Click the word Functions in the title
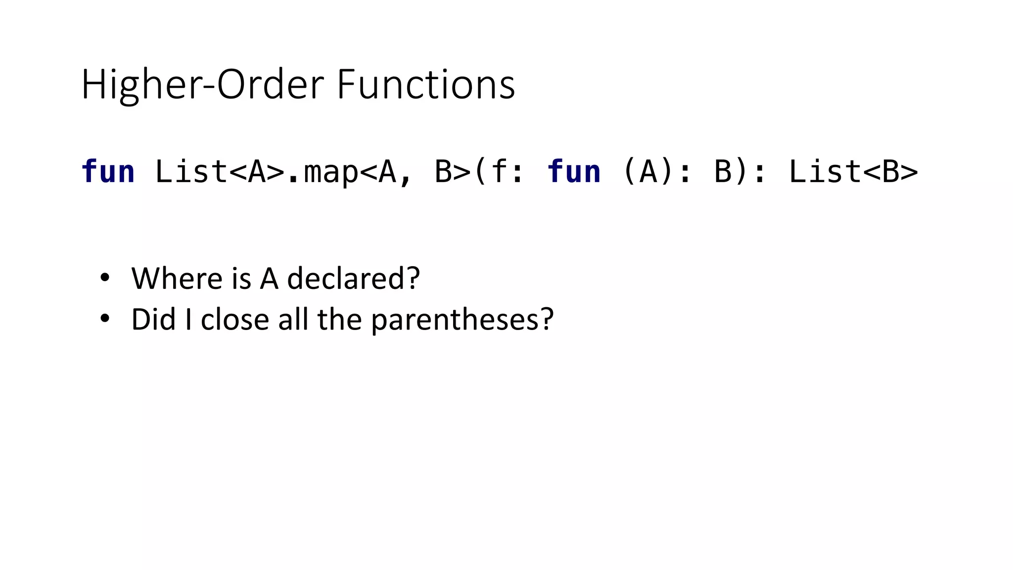click(426, 85)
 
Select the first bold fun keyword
click(108, 172)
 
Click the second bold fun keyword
click(574, 172)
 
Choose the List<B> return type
click(853, 172)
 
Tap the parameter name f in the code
click(499, 172)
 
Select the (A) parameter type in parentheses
click(648, 172)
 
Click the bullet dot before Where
click(104, 278)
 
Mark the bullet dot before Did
click(104, 319)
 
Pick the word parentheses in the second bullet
click(456, 320)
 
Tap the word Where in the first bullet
click(177, 278)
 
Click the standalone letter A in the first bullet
click(269, 279)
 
